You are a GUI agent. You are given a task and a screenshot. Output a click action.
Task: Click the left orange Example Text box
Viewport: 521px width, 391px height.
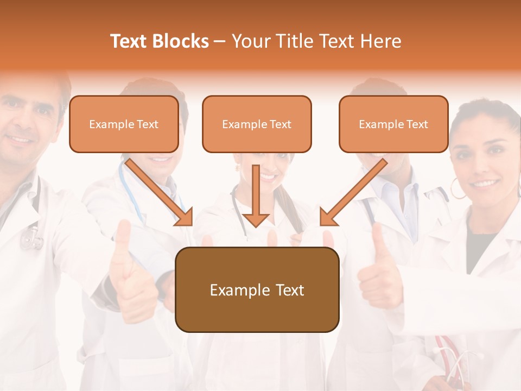124,124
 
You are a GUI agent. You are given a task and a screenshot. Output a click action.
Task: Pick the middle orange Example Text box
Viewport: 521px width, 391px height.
257,124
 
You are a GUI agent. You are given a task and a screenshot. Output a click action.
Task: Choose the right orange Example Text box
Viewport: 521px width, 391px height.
393,124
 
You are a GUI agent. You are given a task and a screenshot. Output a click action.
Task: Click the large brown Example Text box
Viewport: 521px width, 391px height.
257,289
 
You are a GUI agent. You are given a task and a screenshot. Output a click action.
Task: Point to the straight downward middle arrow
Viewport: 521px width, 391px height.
256,195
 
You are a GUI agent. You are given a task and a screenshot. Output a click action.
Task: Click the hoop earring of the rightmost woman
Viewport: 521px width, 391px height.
458,190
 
